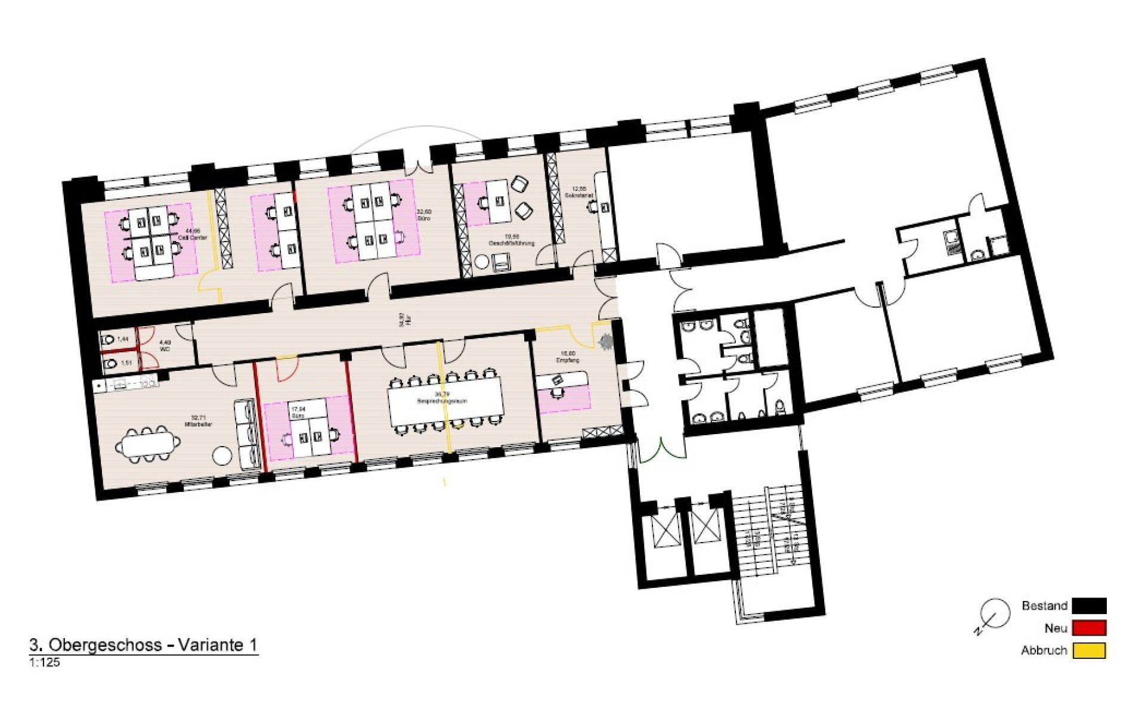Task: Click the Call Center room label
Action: coord(193,237)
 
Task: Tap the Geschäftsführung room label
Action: coord(511,243)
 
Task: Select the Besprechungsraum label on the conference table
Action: coord(442,401)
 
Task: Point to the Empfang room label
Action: coord(568,360)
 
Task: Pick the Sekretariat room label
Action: coord(578,196)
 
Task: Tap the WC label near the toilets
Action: coord(165,349)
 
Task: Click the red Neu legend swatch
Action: coord(1089,628)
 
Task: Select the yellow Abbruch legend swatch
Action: coord(1089,651)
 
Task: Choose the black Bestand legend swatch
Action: coord(1089,606)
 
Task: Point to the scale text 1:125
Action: coord(45,662)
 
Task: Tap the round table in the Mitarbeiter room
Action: coord(222,456)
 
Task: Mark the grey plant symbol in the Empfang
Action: coord(606,341)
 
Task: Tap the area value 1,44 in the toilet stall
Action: coord(123,339)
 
